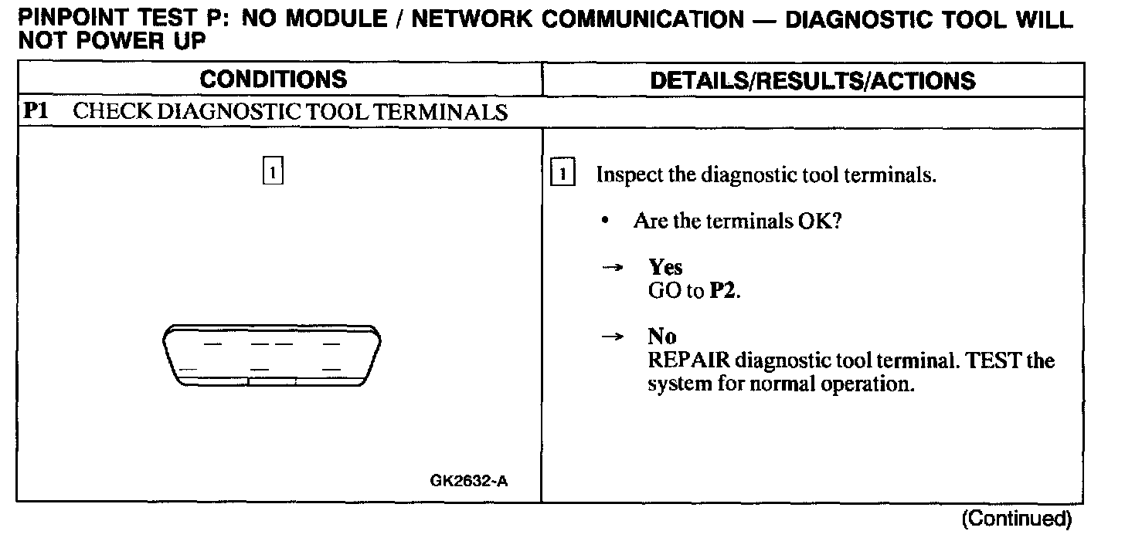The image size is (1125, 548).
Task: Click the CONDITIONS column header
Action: click(274, 79)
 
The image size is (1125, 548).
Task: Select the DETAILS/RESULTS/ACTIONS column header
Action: click(813, 80)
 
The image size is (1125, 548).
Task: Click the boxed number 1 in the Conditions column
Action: click(274, 169)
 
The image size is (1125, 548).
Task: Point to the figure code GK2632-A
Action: click(468, 482)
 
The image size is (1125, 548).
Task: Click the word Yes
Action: click(665, 268)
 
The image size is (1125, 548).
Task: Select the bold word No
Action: click(661, 337)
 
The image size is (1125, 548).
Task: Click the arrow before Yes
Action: click(612, 268)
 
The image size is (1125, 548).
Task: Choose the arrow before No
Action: click(612, 337)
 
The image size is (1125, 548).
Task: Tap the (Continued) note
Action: click(1016, 519)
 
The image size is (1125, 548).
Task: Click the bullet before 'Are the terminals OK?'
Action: click(607, 222)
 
